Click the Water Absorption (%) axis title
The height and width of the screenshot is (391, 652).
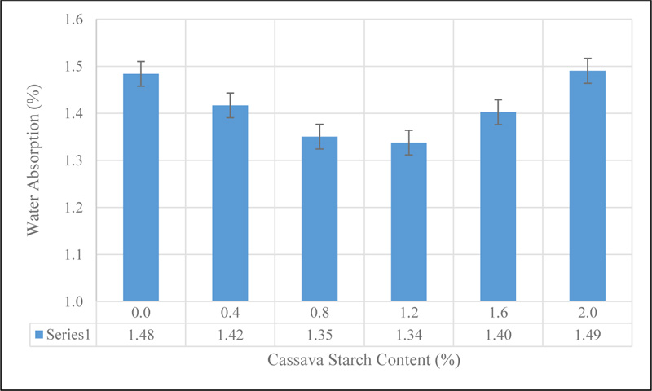[34, 160]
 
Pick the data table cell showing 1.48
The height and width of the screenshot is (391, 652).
[140, 334]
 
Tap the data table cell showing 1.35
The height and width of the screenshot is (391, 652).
[319, 334]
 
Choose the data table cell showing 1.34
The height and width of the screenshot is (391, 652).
[408, 334]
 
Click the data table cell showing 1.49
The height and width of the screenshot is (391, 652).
[587, 334]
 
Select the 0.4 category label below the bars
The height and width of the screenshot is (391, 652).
[230, 313]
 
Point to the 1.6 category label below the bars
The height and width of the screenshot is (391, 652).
[498, 313]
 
